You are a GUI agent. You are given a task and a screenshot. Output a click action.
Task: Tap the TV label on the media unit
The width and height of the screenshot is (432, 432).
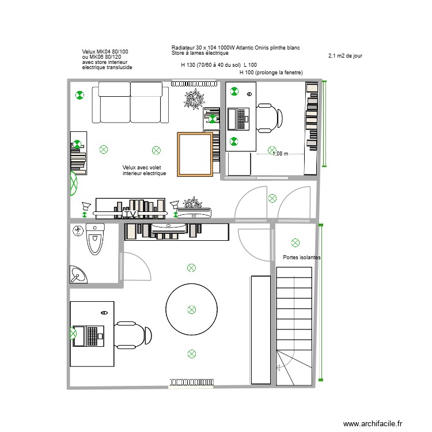click(x=130, y=214)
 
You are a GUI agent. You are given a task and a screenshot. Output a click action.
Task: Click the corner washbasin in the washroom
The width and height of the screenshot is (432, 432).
click(x=77, y=275)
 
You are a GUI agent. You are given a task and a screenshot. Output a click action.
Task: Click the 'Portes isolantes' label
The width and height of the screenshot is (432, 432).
click(x=302, y=257)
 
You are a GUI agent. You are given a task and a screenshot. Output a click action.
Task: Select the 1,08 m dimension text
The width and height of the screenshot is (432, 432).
click(x=280, y=154)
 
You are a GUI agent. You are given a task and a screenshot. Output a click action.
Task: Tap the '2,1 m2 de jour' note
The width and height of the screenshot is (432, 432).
click(x=344, y=56)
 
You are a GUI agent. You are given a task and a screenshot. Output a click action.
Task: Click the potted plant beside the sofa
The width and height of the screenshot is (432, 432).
click(x=195, y=99)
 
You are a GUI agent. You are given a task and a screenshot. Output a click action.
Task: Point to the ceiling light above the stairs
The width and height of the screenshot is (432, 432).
click(x=295, y=242)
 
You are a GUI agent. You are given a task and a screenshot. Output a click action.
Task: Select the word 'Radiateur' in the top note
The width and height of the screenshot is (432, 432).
click(x=183, y=47)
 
